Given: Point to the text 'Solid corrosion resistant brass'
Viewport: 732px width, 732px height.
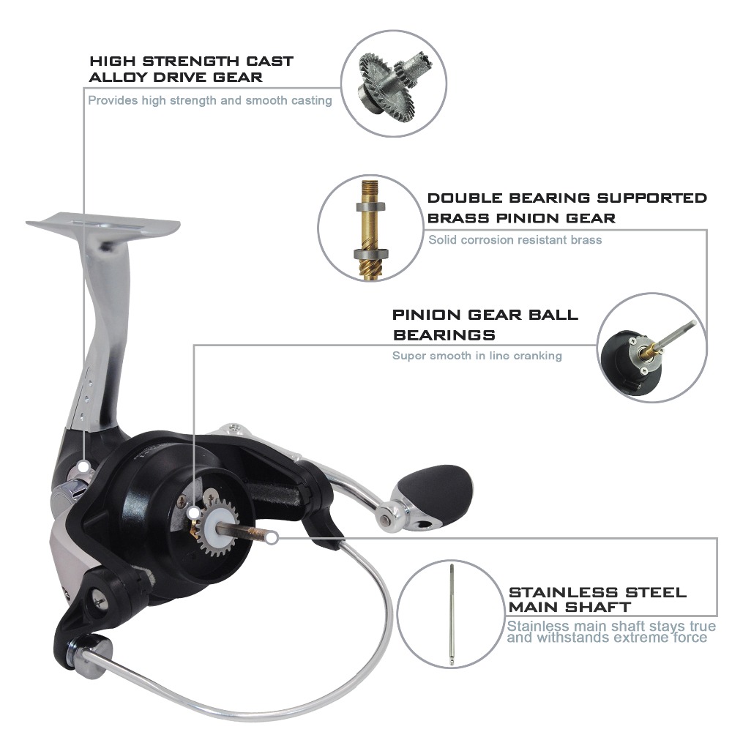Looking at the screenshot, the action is pyautogui.click(x=515, y=240).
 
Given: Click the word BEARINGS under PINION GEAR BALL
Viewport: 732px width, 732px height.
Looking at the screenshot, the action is pyautogui.click(x=444, y=335).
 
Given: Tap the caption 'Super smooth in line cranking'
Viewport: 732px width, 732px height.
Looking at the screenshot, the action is pyautogui.click(x=477, y=356).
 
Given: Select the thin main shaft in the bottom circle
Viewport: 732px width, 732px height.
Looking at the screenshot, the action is pyautogui.click(x=452, y=614).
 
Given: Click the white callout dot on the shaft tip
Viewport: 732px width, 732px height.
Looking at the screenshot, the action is pyautogui.click(x=273, y=538).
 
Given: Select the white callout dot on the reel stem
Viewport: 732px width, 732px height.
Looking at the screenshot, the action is pyautogui.click(x=83, y=466).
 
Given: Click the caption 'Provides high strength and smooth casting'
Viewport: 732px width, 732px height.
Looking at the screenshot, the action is pyautogui.click(x=210, y=100).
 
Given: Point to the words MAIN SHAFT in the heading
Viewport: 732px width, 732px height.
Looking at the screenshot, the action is pyautogui.click(x=569, y=607).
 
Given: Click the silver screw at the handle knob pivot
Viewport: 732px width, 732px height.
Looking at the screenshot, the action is pyautogui.click(x=385, y=520).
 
